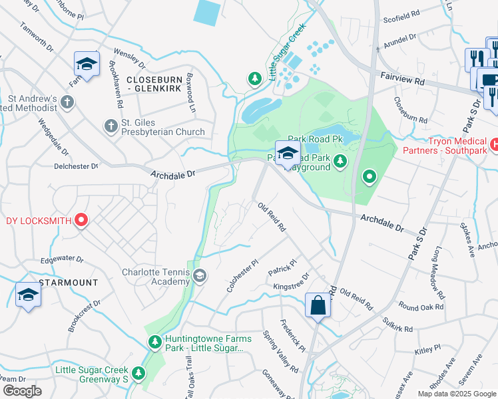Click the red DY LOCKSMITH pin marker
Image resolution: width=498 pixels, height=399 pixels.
coord(81,220)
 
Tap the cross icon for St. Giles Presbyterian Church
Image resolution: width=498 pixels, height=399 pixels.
coord(111,126)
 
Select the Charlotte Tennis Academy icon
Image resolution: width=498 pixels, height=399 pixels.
coord(199,275)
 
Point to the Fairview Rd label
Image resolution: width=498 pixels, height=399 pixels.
coord(402,79)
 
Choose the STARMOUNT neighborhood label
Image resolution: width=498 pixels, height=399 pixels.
coord(69,283)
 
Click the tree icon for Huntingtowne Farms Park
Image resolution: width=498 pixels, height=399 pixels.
coord(154,341)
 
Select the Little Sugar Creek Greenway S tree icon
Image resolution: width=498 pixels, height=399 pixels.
coord(138,373)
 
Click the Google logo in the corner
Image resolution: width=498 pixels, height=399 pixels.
coord(22,391)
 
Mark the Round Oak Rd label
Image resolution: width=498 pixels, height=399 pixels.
coord(421,308)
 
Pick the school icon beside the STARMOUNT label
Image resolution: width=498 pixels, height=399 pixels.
coord(28,295)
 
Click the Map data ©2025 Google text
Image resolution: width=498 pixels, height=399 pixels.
coord(457,394)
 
